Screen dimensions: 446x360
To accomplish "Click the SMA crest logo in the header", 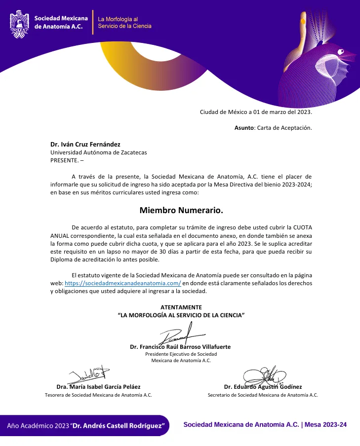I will (x=20, y=23).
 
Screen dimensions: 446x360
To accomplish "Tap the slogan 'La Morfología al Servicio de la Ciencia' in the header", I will (x=124, y=22).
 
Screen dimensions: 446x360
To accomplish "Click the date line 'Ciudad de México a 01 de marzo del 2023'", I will (x=256, y=112).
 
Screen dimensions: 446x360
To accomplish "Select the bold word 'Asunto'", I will (x=243, y=128).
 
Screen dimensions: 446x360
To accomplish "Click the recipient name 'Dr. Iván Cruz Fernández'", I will (x=85, y=144).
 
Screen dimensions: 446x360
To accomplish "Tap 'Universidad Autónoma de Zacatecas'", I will (x=98, y=152).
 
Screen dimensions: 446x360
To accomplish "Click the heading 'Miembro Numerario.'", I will (x=181, y=210).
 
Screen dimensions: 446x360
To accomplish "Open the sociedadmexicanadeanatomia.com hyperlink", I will (x=123, y=283).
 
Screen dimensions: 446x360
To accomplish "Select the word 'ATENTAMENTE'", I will (x=181, y=307).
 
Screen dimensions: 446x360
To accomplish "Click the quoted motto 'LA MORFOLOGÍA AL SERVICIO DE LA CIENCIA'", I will (x=181, y=315).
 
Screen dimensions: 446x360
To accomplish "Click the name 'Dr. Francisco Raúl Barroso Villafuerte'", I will (x=180, y=347).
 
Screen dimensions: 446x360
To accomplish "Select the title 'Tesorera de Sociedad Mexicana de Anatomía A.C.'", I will (x=98, y=395).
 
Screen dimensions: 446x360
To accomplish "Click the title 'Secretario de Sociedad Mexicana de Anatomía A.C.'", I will (x=263, y=395).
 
